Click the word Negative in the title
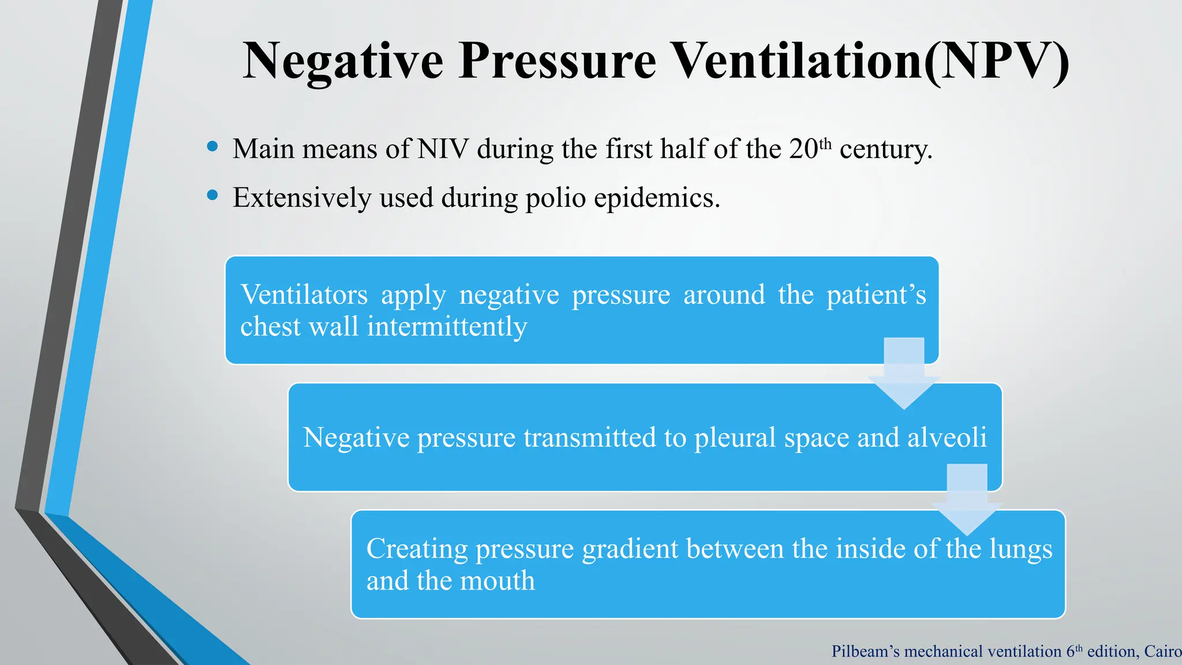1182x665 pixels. [343, 61]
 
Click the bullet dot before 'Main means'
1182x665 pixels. [212, 147]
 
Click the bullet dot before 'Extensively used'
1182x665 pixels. [212, 196]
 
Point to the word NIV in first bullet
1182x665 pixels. [443, 149]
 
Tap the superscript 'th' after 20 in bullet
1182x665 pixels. [825, 143]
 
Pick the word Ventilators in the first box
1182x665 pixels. [304, 295]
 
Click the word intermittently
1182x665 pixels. [447, 327]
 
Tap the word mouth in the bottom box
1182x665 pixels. [500, 581]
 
